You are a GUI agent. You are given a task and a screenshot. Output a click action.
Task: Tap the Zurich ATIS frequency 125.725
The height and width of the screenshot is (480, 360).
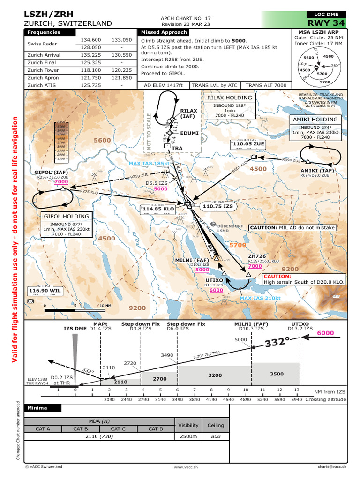tap(91, 86)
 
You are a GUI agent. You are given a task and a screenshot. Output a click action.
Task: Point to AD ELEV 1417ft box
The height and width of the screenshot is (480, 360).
tap(163, 85)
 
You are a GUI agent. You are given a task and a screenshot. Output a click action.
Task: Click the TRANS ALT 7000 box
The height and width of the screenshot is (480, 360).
tap(266, 85)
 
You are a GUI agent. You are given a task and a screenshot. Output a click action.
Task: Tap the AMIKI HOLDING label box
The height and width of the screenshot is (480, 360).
tap(315, 120)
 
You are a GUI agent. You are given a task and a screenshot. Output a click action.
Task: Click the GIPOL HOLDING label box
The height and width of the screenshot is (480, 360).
tap(66, 217)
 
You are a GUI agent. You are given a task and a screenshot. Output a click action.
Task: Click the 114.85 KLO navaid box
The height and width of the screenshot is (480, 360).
tap(158, 208)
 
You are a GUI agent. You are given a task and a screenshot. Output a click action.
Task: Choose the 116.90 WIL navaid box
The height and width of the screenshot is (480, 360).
tap(45, 291)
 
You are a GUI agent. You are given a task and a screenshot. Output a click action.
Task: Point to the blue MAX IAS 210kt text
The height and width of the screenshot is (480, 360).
tap(260, 298)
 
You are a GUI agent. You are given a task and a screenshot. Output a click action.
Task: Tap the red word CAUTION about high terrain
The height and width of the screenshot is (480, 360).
tap(277, 277)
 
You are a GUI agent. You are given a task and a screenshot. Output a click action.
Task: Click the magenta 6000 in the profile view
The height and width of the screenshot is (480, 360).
tap(326, 333)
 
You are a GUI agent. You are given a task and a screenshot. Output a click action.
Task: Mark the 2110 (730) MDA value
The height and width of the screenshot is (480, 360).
tap(98, 436)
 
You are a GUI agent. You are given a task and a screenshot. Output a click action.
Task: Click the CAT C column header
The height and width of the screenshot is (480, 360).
tap(118, 428)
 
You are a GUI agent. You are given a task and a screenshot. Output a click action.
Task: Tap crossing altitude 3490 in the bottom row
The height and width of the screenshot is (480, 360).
tap(178, 399)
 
